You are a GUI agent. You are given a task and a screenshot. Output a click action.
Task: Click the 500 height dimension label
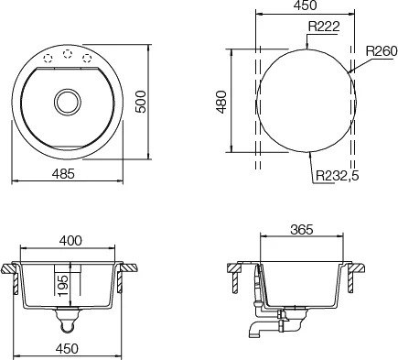tap(141, 102)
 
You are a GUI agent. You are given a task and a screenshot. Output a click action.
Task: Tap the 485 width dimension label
tap(63, 174)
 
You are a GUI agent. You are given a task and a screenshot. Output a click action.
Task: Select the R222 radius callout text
tap(324, 27)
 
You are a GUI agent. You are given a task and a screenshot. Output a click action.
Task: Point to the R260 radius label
tap(382, 51)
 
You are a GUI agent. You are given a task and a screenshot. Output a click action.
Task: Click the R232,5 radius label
tap(338, 176)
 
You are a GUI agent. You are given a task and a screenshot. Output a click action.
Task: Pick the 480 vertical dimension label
tap(221, 102)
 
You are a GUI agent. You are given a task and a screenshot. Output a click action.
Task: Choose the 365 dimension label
tap(302, 229)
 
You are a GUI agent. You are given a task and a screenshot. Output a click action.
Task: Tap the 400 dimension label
tap(70, 241)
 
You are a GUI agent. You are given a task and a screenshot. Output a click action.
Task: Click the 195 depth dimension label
tap(63, 285)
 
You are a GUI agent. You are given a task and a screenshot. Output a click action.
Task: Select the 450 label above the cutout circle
tap(306, 5)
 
